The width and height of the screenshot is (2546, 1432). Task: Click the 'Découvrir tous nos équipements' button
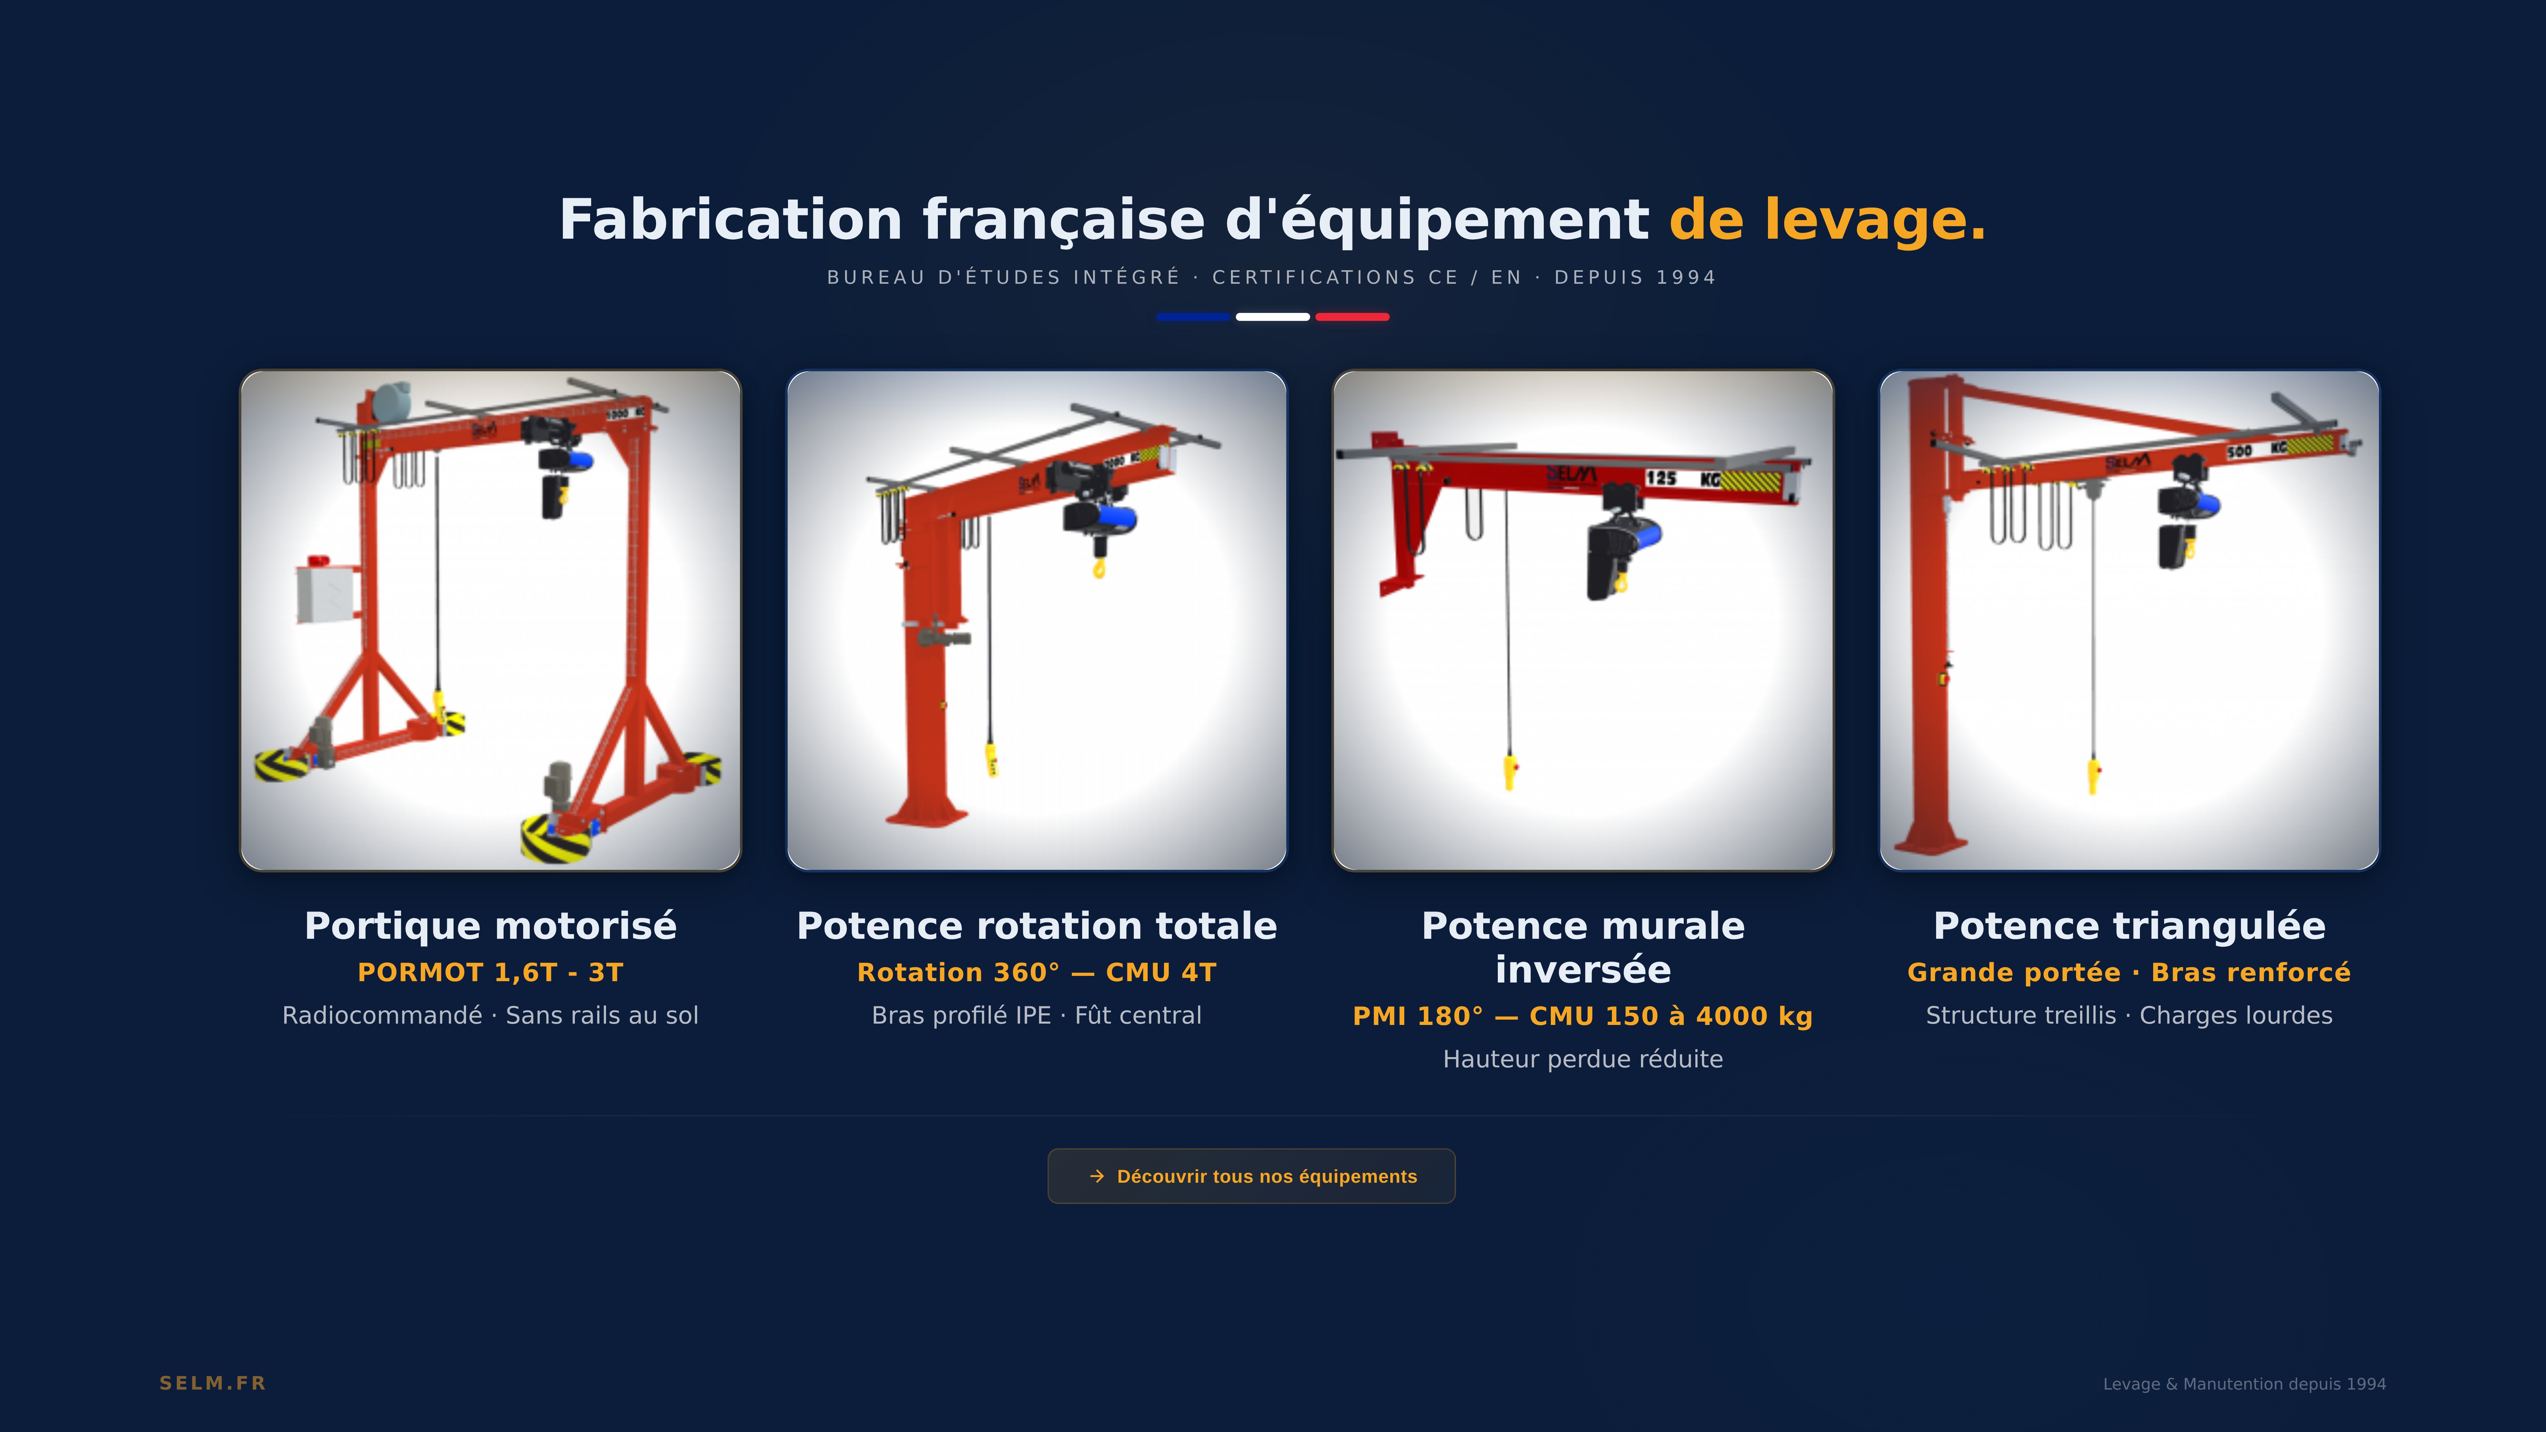(x=1251, y=1176)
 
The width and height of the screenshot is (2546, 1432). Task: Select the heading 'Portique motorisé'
(x=490, y=926)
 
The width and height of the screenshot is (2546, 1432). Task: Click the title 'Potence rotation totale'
(x=1037, y=926)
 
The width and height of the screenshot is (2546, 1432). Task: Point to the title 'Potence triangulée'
(x=2129, y=926)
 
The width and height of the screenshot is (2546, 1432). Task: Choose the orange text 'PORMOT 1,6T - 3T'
(x=490, y=973)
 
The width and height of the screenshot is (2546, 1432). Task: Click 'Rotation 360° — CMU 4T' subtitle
(x=1037, y=973)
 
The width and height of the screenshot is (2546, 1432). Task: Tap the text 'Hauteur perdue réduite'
(x=1582, y=1059)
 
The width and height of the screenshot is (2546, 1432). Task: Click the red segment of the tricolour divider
(x=1352, y=317)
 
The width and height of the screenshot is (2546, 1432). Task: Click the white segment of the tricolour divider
(x=1273, y=317)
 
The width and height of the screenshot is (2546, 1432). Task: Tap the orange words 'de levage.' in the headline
(x=1828, y=219)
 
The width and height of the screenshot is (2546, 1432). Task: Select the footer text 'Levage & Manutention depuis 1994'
(x=2244, y=1384)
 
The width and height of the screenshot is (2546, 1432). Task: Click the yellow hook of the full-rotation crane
(x=1099, y=567)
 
